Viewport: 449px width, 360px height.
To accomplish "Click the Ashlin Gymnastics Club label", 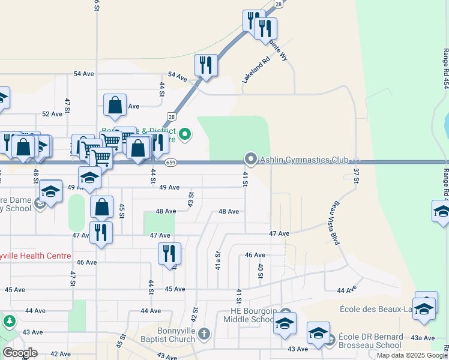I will pos(304,160).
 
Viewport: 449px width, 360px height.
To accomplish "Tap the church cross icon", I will pos(203,334).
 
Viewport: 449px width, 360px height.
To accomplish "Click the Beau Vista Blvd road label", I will pos(334,222).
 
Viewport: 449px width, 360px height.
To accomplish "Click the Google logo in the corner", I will pos(20,353).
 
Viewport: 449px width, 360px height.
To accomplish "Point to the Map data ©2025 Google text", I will pos(411,355).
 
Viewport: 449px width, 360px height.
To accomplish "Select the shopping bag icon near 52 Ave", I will pos(115,105).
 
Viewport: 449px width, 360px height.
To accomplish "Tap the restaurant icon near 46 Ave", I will pos(169,253).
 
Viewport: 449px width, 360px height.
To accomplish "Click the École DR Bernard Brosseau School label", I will pos(370,341).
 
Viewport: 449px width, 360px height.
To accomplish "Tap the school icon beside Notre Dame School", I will pos(50,191).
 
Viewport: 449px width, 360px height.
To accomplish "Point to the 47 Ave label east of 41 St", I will pos(280,233).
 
